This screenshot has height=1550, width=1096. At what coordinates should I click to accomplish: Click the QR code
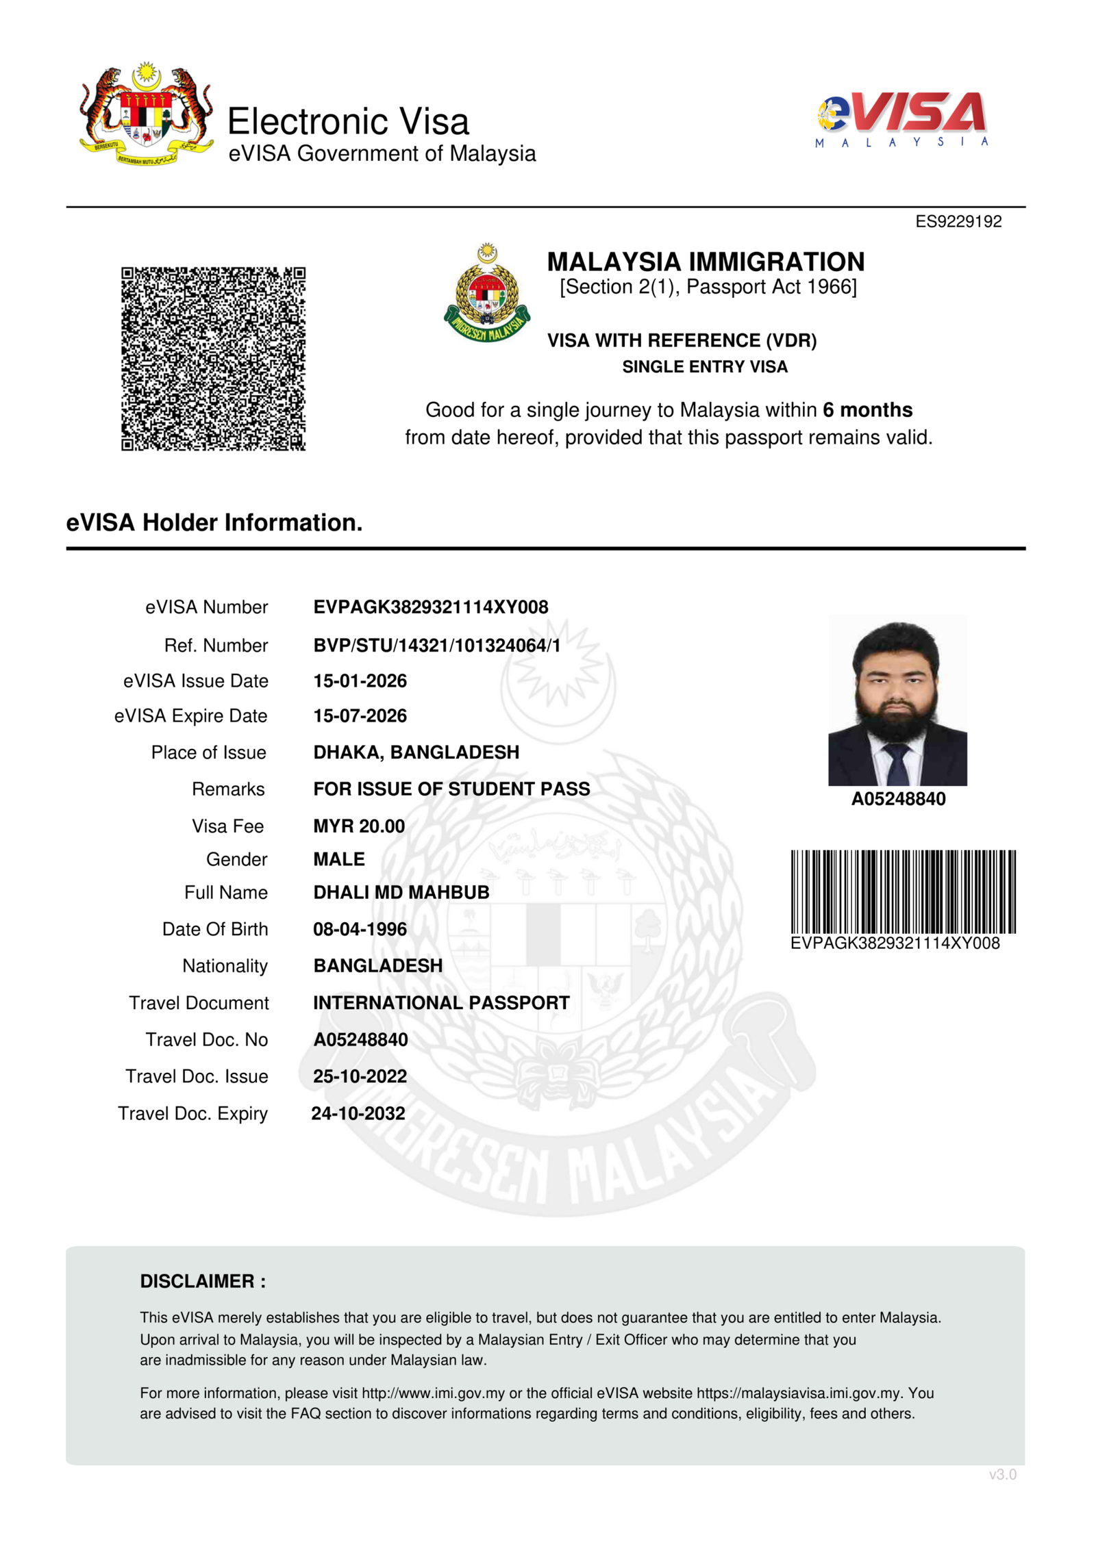[213, 359]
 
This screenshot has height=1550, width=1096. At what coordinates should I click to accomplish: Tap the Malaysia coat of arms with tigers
[146, 114]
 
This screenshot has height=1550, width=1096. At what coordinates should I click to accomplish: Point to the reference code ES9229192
[958, 222]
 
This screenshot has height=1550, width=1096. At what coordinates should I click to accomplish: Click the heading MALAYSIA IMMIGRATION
[706, 262]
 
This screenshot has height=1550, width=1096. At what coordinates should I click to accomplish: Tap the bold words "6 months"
[867, 410]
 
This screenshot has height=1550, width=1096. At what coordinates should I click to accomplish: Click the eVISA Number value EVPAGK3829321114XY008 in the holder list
[430, 607]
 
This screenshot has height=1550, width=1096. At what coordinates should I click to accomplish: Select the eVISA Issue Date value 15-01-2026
[360, 681]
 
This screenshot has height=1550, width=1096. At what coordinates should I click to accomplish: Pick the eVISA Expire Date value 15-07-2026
[360, 716]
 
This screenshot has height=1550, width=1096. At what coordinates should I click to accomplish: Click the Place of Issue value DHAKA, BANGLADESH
[416, 752]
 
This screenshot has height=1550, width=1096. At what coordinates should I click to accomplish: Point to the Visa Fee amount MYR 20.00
[359, 826]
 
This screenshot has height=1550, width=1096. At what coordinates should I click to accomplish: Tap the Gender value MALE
[339, 859]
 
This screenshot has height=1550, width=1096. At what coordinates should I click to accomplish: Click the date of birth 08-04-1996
[360, 930]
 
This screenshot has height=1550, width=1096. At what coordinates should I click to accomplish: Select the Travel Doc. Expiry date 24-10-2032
[358, 1114]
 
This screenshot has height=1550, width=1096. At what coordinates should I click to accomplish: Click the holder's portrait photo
[897, 700]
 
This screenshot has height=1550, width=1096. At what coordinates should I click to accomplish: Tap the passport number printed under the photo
[898, 799]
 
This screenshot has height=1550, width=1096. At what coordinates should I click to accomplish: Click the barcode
[903, 891]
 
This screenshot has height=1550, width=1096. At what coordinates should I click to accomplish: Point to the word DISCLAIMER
[197, 1282]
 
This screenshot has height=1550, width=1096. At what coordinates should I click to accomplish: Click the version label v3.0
[1002, 1475]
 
